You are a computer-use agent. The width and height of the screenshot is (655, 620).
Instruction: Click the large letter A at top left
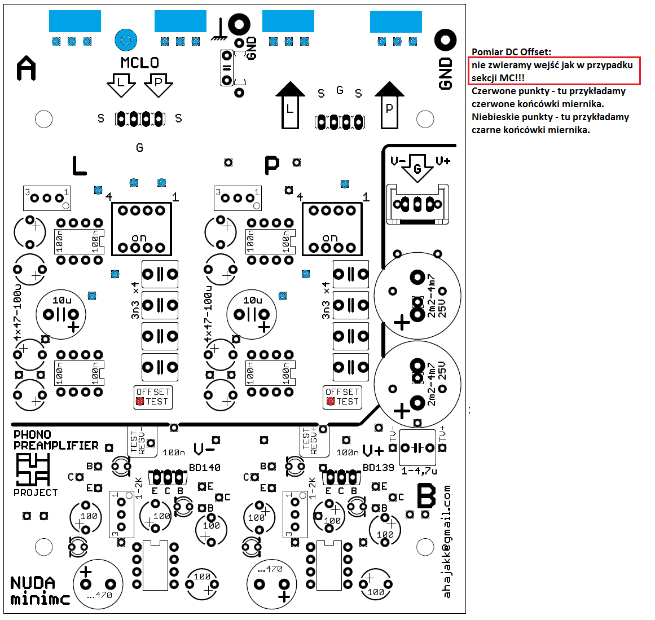(x=27, y=68)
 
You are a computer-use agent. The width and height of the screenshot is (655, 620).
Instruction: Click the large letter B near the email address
(x=426, y=497)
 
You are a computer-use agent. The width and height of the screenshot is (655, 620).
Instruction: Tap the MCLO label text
(x=140, y=63)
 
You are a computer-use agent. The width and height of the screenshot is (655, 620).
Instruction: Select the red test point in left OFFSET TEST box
(x=140, y=402)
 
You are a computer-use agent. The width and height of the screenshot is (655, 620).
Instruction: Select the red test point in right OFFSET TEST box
(x=331, y=402)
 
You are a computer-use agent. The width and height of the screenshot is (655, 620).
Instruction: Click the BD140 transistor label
(x=205, y=468)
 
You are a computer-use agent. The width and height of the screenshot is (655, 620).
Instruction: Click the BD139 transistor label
(x=378, y=468)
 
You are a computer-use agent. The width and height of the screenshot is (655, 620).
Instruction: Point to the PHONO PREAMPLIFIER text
(x=56, y=440)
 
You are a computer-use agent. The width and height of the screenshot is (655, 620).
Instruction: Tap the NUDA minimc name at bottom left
(x=39, y=591)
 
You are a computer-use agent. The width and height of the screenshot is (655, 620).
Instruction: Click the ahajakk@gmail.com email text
(x=447, y=541)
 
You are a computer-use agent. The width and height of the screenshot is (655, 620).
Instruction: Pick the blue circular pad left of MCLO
(x=126, y=40)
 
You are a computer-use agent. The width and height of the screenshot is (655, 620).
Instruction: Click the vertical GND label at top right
(x=446, y=73)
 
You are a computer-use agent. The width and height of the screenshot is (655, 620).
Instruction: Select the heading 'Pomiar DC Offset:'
(x=511, y=52)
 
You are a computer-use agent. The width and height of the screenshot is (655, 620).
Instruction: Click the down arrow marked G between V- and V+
(x=417, y=168)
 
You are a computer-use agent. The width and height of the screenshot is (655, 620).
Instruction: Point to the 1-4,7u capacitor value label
(x=419, y=471)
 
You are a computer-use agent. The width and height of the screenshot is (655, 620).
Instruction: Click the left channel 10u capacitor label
(x=61, y=300)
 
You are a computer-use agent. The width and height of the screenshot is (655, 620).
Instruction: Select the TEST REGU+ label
(x=310, y=441)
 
